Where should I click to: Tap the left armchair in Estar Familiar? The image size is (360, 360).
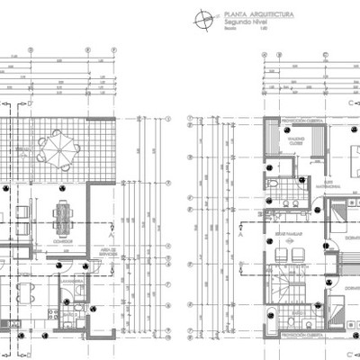click(x=273, y=242)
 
